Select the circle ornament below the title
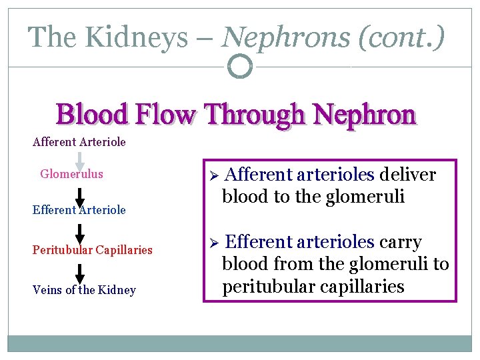point(239,66)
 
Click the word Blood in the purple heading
point(93,115)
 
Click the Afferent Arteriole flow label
point(79,142)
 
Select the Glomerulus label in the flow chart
point(71,174)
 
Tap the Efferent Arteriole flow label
point(79,210)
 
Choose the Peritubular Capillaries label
point(93,250)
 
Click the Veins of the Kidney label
point(84,290)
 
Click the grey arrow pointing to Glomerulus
point(79,161)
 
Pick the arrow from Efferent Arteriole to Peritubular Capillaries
point(79,234)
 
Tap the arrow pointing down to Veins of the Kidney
point(79,274)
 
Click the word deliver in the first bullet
point(407,175)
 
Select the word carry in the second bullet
point(400,241)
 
